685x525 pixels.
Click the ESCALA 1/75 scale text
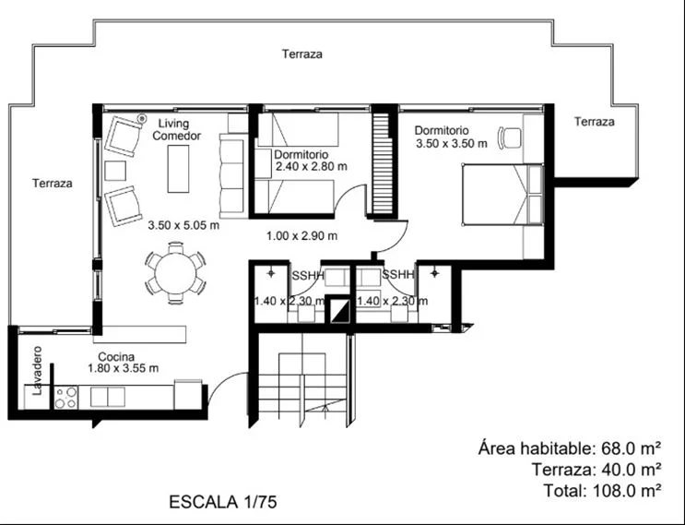[223, 502]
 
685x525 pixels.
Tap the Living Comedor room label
[176, 130]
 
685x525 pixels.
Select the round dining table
[175, 274]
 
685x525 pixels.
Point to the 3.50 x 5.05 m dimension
[183, 225]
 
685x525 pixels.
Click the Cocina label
[116, 357]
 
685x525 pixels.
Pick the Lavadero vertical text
[38, 371]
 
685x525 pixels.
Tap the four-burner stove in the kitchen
[65, 398]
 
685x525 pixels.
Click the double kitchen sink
[108, 397]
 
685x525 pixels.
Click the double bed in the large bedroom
[502, 195]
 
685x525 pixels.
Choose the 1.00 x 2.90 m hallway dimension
[301, 236]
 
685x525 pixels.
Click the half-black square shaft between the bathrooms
[339, 311]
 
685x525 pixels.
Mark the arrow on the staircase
[325, 409]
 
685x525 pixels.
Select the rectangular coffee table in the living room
[178, 169]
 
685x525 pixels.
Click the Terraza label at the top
[302, 54]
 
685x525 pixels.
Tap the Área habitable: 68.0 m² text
[569, 448]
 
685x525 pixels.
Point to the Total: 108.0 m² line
[602, 491]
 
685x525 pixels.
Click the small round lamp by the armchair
[142, 117]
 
